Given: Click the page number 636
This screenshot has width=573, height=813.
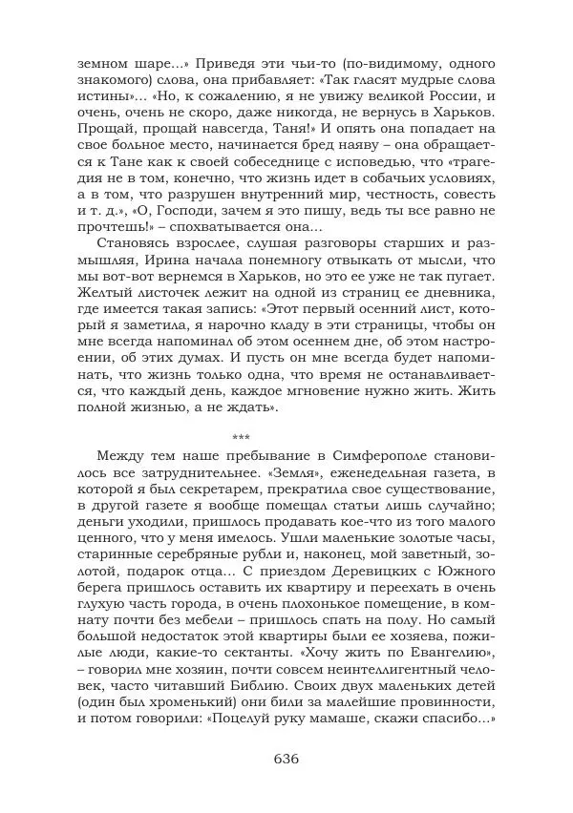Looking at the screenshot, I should [x=286, y=760].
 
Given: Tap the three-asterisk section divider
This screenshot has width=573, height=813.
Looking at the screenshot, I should [x=241, y=436].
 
